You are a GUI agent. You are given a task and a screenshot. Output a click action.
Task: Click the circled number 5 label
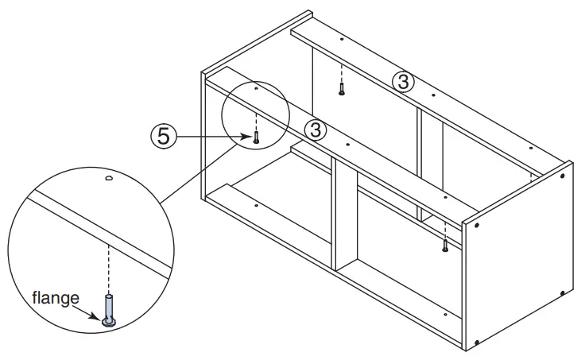tap(163, 137)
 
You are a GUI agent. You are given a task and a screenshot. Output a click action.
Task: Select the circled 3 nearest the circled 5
tap(316, 129)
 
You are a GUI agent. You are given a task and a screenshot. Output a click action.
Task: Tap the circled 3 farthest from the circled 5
tap(404, 80)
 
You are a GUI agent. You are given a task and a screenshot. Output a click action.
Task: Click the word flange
tap(55, 299)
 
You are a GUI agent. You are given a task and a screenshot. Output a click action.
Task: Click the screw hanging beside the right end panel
tap(445, 247)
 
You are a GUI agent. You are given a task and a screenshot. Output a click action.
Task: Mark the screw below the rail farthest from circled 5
tap(341, 91)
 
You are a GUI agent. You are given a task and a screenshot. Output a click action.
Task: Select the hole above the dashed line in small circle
tap(256, 90)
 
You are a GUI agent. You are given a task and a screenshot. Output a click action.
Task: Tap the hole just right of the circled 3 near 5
tap(348, 145)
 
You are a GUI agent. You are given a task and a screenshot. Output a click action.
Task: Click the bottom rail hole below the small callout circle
tap(256, 204)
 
